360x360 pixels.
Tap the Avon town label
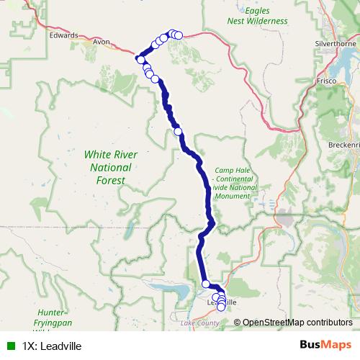pos(101,42)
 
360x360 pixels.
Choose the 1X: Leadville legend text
pos(52,346)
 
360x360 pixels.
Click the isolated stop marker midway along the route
pos(178,131)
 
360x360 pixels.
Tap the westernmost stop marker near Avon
pos(141,59)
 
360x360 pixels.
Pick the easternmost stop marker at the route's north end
pos(178,35)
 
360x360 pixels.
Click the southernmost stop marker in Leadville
pos(221,307)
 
